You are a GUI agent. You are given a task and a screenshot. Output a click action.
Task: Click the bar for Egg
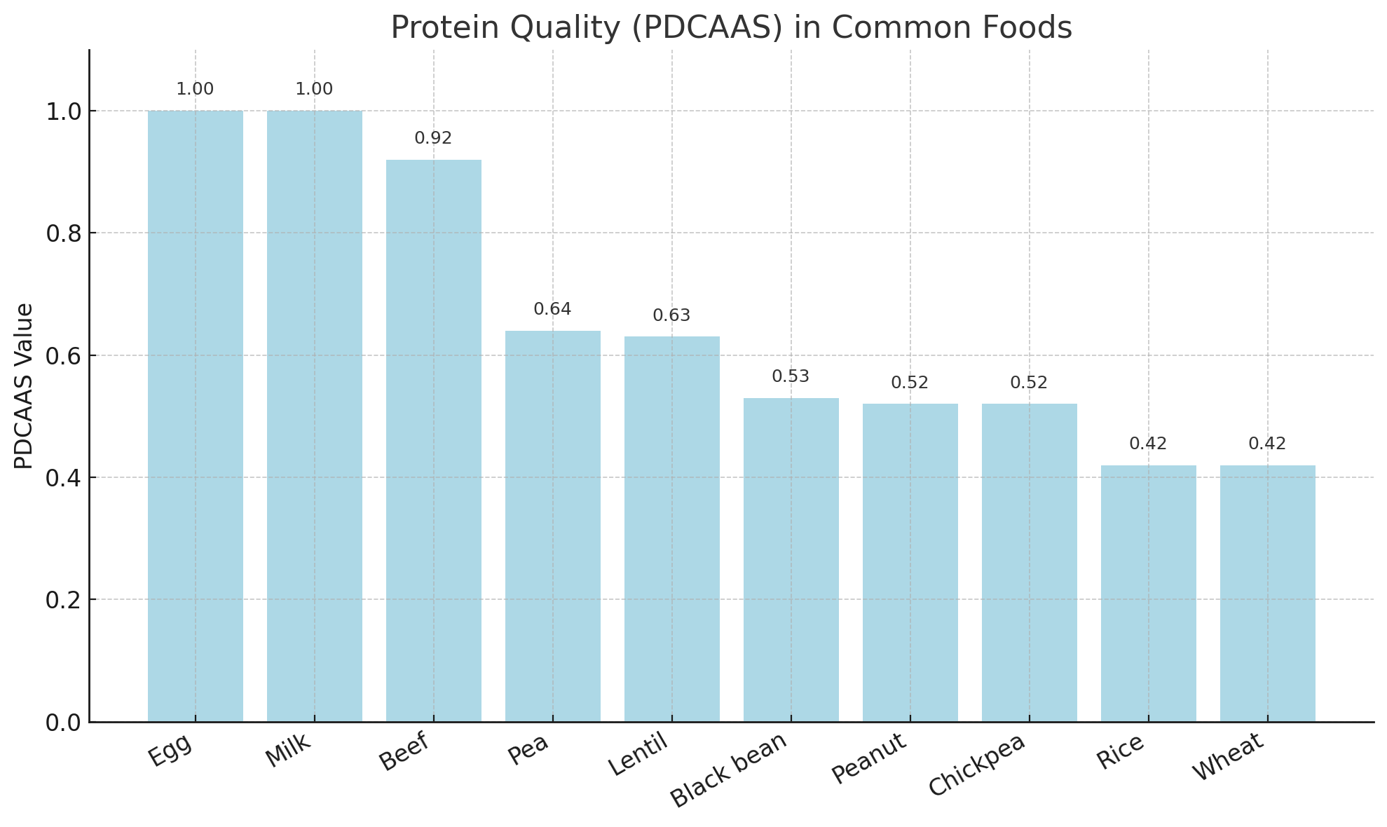196,416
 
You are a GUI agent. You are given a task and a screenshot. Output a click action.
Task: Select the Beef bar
434,441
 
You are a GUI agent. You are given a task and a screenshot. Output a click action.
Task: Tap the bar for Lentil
672,529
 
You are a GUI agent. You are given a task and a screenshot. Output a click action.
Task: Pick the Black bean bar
791,560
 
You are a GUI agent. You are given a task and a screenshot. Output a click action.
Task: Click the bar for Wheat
1268,594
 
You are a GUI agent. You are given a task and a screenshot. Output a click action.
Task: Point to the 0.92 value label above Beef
434,139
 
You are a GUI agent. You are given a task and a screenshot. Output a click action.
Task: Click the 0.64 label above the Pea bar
553,309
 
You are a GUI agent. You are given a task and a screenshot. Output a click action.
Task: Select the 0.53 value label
791,377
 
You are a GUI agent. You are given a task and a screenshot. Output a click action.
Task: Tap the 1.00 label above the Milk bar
315,90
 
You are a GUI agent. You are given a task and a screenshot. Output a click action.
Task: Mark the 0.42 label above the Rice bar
1149,444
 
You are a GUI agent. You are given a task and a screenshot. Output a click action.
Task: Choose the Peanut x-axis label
870,758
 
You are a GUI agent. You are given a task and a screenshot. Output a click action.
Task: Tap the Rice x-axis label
1121,752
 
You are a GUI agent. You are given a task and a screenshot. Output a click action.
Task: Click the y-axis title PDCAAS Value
24,386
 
